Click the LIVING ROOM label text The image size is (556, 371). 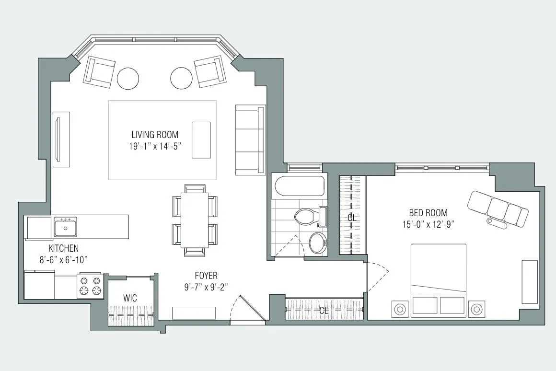[x=155, y=135]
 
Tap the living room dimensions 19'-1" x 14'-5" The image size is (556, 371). [x=155, y=147]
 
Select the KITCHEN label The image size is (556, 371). [x=63, y=248]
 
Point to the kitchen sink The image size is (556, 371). [x=66, y=227]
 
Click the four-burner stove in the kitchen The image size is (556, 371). [x=91, y=286]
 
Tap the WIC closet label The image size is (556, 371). [x=130, y=298]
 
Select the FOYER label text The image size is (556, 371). [x=206, y=276]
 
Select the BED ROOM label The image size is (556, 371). [x=428, y=212]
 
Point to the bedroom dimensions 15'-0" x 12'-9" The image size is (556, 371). [x=428, y=223]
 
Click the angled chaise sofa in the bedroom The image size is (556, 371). [x=498, y=209]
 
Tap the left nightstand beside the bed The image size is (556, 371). [x=399, y=310]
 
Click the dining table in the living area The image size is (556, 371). [x=195, y=220]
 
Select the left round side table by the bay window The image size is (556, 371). [x=128, y=78]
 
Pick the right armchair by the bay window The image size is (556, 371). [x=210, y=72]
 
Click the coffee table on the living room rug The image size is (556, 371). [x=201, y=139]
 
